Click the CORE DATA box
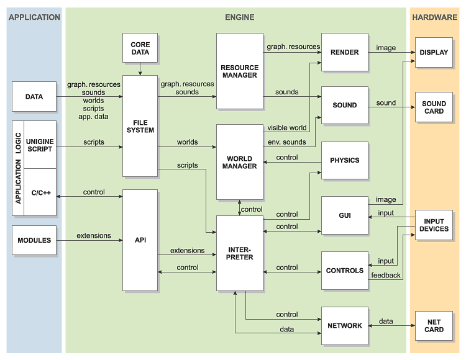point(140,49)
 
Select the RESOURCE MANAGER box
point(239,71)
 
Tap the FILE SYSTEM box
point(140,125)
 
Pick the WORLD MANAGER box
point(239,161)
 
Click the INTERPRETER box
point(239,253)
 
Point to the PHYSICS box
point(345,160)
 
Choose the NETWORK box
point(345,325)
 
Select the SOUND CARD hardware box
point(434,107)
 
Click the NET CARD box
point(434,325)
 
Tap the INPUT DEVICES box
point(434,225)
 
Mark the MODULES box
point(34,240)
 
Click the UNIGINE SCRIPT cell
point(40,145)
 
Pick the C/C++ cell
point(40,192)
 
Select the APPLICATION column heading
point(34,17)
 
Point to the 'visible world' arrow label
point(286,128)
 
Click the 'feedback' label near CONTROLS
point(386,275)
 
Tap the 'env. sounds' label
point(287,142)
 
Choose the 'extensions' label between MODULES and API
point(94,235)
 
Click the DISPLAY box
point(434,52)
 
